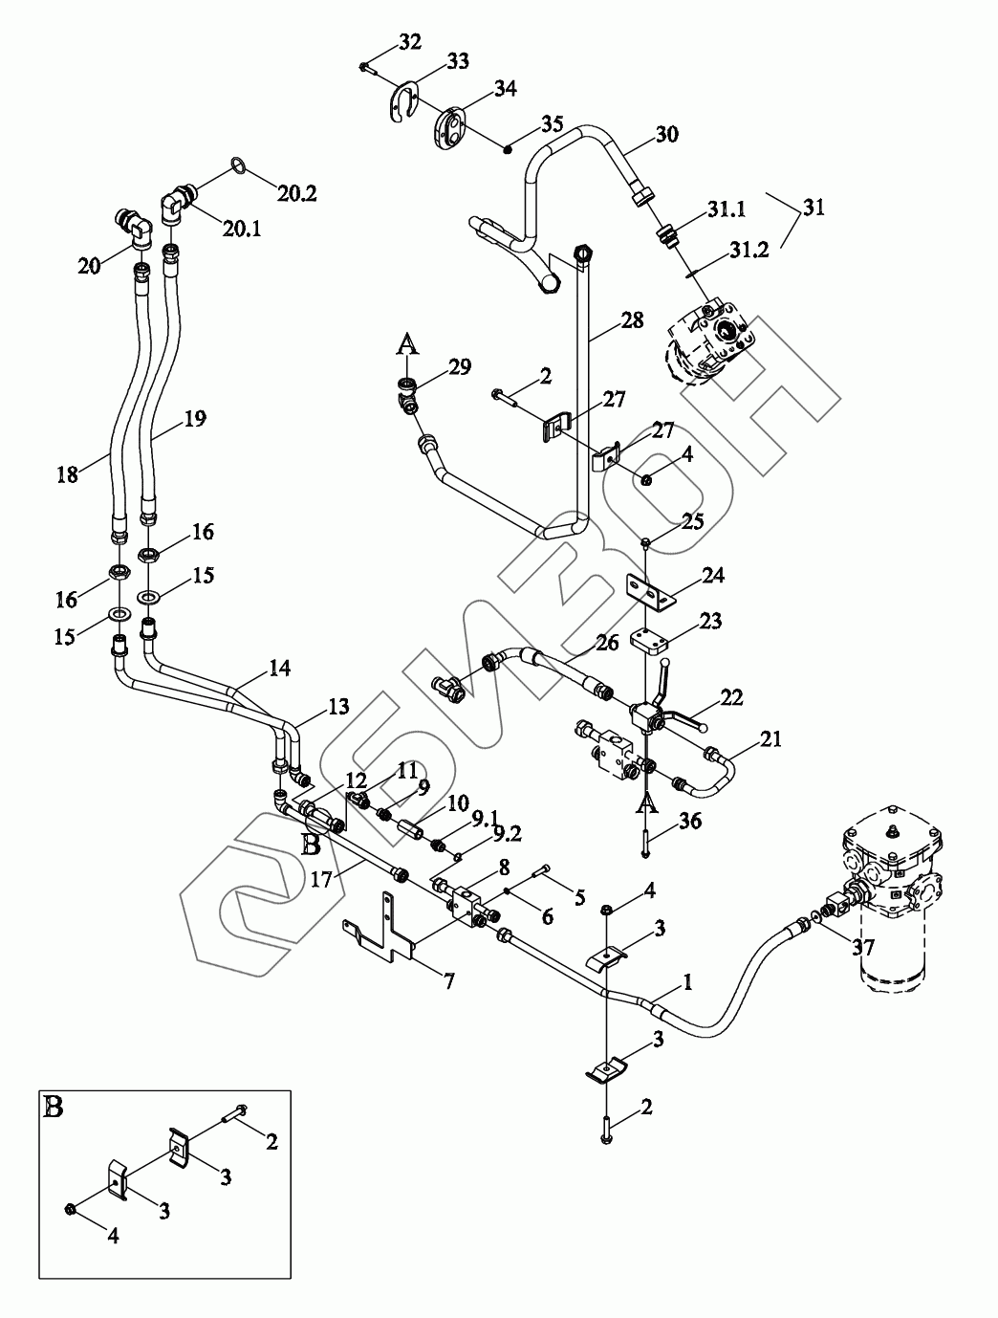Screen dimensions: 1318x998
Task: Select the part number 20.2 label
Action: pos(297,193)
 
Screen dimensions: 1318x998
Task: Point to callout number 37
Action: pos(864,948)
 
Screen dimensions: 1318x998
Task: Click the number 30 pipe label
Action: pos(666,134)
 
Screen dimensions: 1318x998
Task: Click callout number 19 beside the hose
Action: pos(195,418)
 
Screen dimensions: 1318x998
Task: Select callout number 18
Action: pos(67,473)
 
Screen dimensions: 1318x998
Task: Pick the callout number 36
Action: pos(690,820)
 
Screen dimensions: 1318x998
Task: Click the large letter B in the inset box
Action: pos(54,1108)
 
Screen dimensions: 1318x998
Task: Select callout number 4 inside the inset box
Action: pos(113,1236)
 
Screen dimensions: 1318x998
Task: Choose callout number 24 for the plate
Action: pos(713,575)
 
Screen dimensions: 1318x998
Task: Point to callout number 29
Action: pos(459,367)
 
